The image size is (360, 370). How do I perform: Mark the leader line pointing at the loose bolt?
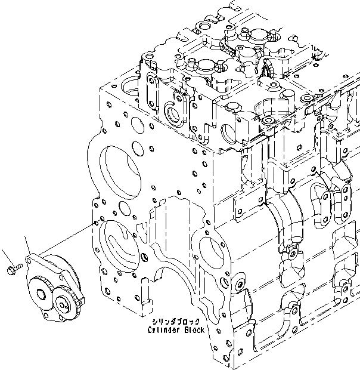pos(8,257)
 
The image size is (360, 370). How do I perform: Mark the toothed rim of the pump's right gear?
pos(76,303)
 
